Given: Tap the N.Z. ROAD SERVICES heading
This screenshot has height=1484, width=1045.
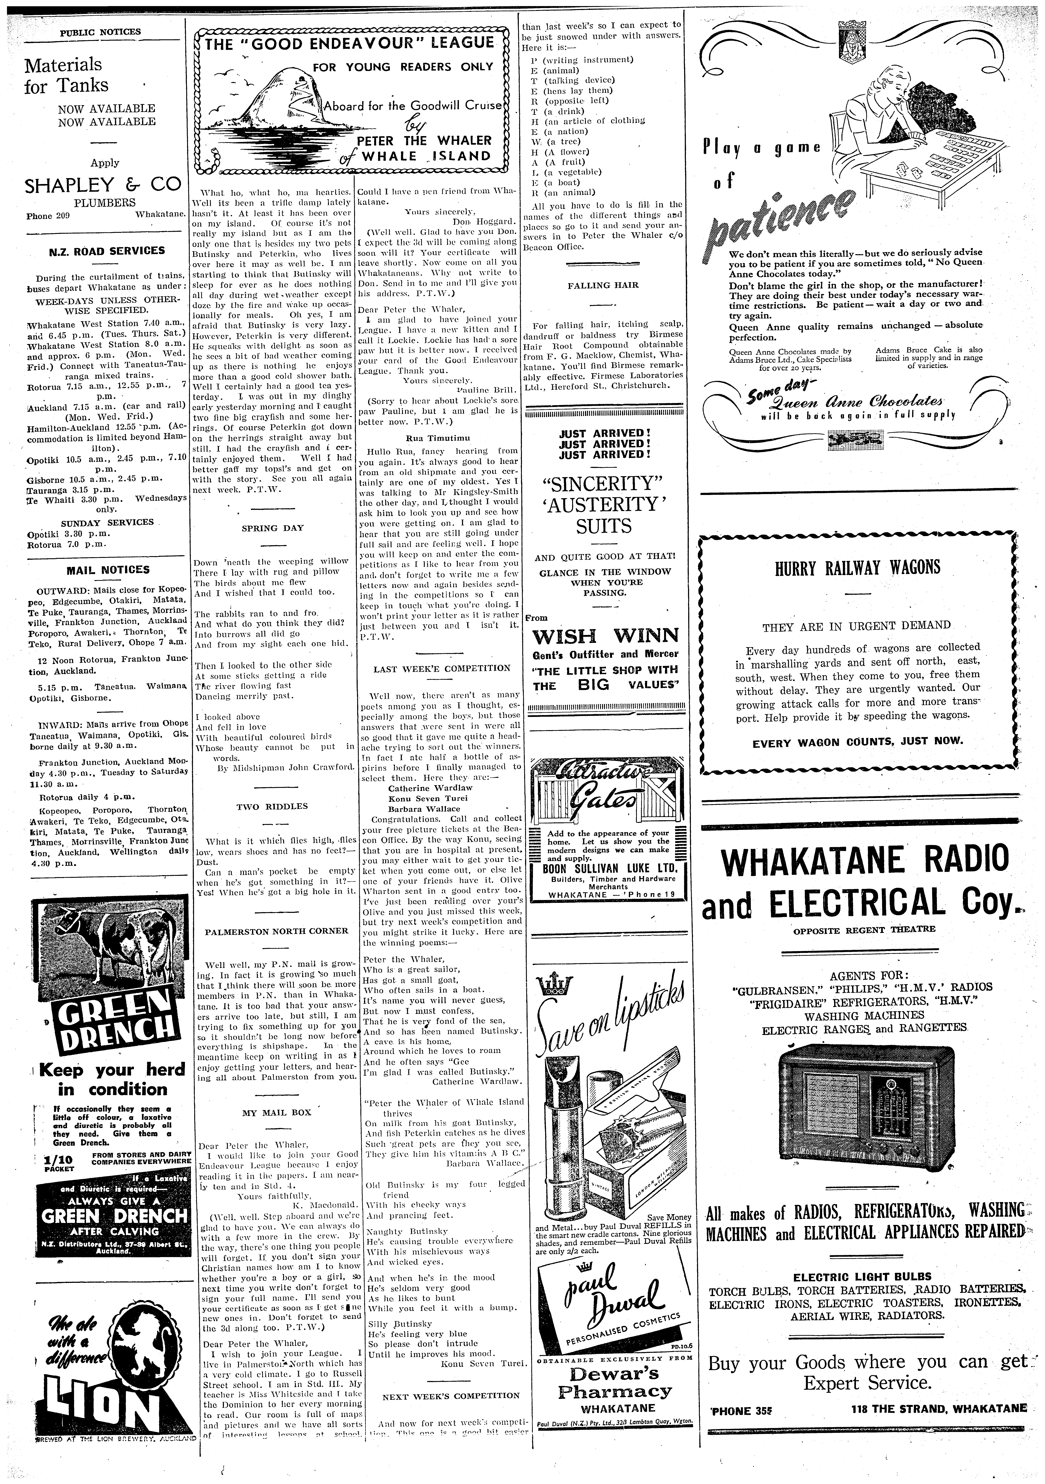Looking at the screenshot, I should [107, 251].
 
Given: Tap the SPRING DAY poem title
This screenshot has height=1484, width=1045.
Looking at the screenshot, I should [272, 527].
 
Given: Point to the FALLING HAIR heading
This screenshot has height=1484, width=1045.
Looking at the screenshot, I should [603, 285].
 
